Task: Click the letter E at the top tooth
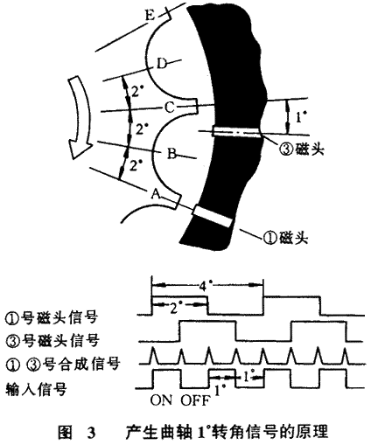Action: [150, 16]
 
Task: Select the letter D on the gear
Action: [162, 64]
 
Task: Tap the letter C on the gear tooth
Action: [170, 108]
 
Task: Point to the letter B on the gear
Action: [172, 154]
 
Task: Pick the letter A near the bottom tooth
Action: [156, 194]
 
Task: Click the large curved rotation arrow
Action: [78, 116]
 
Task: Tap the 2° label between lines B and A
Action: [135, 166]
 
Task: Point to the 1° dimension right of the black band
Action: [301, 117]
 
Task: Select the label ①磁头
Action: [286, 238]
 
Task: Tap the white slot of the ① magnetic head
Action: [213, 217]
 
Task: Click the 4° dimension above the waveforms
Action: [206, 286]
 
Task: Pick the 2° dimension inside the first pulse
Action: [175, 307]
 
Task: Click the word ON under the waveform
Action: [161, 400]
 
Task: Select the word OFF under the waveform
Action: [195, 400]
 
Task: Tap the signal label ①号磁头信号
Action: [52, 317]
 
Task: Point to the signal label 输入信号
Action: [36, 389]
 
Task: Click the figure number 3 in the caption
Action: [91, 433]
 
